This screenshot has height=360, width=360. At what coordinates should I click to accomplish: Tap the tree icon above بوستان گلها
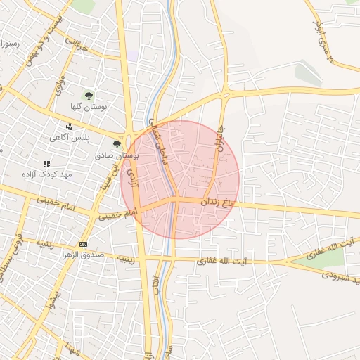(x=89, y=96)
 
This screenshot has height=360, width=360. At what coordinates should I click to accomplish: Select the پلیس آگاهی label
(x=68, y=138)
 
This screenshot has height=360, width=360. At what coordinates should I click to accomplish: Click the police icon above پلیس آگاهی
(x=69, y=127)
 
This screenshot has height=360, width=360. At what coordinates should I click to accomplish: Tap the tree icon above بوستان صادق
(x=117, y=143)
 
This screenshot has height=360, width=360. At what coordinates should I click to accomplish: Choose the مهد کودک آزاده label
(x=46, y=174)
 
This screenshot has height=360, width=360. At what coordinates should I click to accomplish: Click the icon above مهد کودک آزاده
(x=46, y=164)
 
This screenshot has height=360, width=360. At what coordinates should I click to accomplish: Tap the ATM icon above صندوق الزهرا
(x=84, y=244)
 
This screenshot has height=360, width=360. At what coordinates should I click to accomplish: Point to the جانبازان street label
(x=217, y=148)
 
